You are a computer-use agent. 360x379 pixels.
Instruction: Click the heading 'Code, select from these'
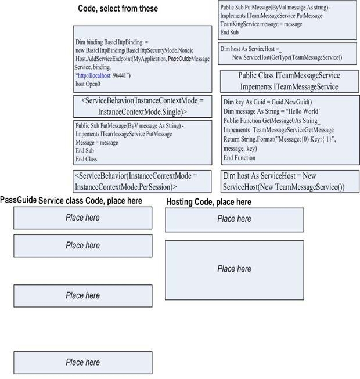(x=118, y=9)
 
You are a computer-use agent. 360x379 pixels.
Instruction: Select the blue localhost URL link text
(x=94, y=75)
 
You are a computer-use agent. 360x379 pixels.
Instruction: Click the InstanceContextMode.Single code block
(x=143, y=106)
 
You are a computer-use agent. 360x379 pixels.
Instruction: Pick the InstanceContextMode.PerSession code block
(x=142, y=182)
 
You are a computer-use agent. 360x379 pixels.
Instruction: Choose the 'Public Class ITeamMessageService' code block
(x=289, y=81)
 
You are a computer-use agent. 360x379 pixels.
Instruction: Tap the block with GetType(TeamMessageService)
(x=287, y=53)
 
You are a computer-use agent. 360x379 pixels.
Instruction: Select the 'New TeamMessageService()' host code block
(x=290, y=182)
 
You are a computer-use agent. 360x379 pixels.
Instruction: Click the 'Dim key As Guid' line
(x=268, y=102)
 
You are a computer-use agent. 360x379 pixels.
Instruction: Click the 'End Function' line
(x=239, y=158)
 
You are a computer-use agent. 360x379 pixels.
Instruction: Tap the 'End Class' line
(x=87, y=159)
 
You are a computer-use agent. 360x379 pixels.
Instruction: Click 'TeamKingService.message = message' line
(x=261, y=24)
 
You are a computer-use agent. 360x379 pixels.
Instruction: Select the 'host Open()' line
(x=88, y=84)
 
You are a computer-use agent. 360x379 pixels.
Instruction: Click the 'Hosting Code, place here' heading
(x=208, y=202)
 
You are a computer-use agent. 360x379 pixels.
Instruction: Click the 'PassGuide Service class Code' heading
(x=71, y=200)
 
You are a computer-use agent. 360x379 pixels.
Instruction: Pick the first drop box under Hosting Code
(x=235, y=220)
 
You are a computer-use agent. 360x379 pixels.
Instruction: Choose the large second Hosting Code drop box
(x=235, y=270)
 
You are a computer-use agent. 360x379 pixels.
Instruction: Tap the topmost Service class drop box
(x=83, y=218)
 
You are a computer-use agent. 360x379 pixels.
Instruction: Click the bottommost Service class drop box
(x=83, y=363)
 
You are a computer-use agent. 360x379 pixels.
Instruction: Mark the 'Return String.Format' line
(x=280, y=139)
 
